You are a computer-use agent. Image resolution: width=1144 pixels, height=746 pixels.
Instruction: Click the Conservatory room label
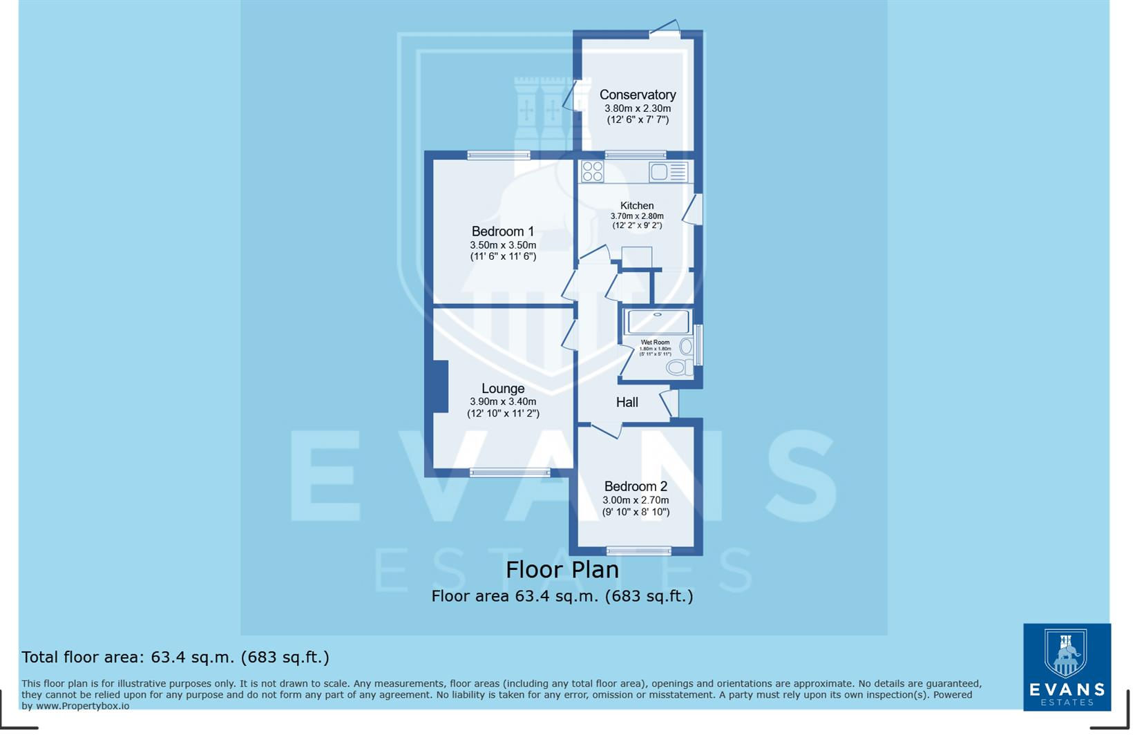[x=637, y=95]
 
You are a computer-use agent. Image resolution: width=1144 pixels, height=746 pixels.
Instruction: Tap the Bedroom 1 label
[x=502, y=231]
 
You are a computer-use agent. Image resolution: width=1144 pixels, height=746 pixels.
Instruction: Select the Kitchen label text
[x=636, y=205]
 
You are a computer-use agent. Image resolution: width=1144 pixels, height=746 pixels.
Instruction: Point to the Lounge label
[x=502, y=388]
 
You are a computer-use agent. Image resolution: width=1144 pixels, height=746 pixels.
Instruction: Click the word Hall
[x=627, y=402]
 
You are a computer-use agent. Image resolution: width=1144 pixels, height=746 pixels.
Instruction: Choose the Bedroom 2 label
[x=635, y=486]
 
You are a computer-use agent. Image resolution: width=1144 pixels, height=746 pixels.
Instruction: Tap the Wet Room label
[x=655, y=342]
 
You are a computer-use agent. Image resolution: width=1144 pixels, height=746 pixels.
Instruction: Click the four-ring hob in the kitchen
[x=592, y=171]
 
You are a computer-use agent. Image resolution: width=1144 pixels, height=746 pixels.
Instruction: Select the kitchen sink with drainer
[x=668, y=171]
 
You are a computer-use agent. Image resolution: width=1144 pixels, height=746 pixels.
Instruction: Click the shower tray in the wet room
[x=657, y=321]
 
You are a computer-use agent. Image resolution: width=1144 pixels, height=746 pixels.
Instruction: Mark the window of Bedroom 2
[x=638, y=551]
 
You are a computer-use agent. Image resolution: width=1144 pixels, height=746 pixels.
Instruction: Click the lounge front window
[x=510, y=473]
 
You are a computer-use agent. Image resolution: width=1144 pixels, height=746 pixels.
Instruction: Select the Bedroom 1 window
[x=498, y=155]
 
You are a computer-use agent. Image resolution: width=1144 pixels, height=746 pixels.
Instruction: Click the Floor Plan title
[x=562, y=570]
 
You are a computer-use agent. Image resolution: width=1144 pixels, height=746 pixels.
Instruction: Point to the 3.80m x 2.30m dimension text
[x=637, y=108]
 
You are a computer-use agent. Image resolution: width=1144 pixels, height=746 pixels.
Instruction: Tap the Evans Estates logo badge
[x=1066, y=667]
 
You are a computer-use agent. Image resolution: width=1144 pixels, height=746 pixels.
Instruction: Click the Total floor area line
[x=175, y=657]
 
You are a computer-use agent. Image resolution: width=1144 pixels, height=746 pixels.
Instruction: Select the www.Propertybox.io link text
[x=82, y=706]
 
